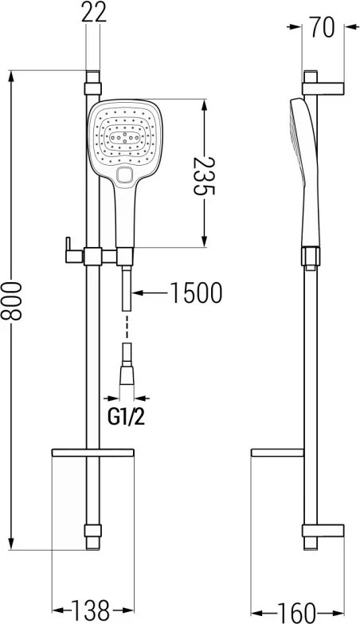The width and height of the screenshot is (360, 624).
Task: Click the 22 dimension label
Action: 94,12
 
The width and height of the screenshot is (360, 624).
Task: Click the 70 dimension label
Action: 323,27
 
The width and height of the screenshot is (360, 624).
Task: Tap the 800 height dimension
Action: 11,300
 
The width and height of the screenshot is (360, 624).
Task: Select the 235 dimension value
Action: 204,176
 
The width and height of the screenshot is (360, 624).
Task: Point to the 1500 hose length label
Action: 196,293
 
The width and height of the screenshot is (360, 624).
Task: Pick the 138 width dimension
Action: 90,610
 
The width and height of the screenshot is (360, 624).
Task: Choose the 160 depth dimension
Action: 296,612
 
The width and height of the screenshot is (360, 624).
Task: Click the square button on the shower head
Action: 124,175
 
